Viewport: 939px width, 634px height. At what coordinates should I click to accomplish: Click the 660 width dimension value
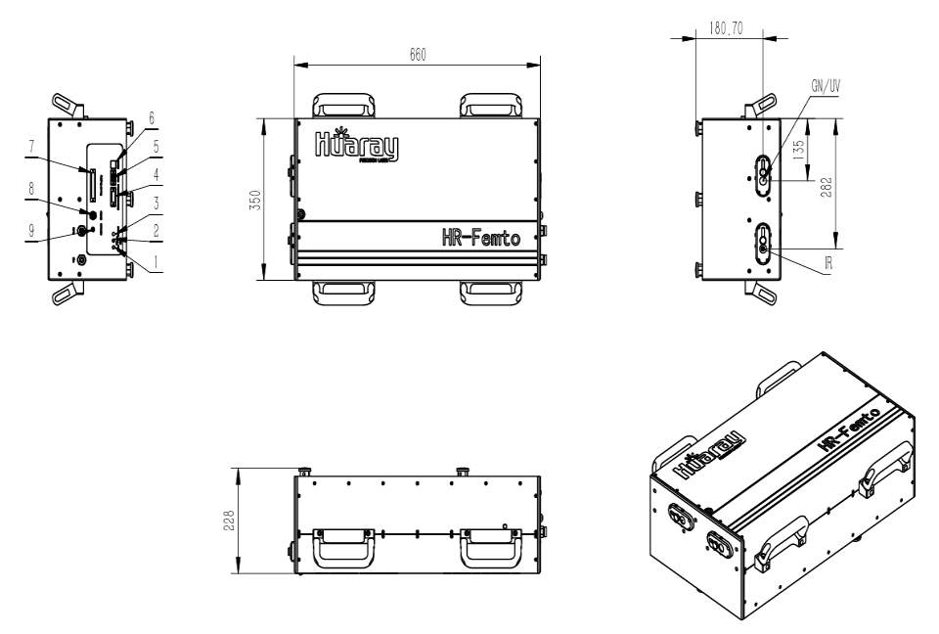point(417,55)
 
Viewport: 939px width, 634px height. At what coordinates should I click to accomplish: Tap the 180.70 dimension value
point(724,27)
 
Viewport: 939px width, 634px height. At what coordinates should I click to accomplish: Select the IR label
point(827,263)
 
